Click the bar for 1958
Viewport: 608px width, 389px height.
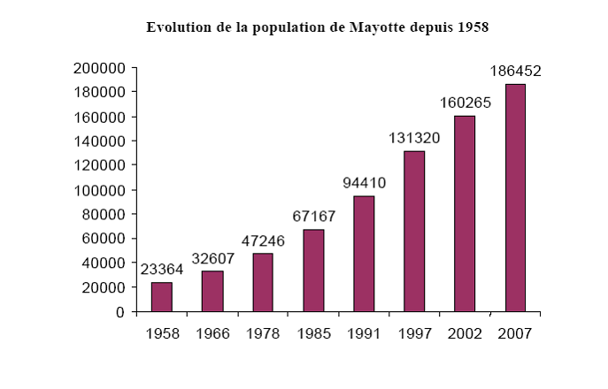pyautogui.click(x=161, y=297)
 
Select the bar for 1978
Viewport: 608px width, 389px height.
pyautogui.click(x=262, y=283)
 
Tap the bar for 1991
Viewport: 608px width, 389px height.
pyautogui.click(x=364, y=254)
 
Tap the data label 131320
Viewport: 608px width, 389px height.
pyautogui.click(x=414, y=139)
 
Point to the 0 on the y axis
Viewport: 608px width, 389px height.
pyautogui.click(x=120, y=312)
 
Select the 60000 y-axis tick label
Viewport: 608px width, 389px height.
pyautogui.click(x=105, y=239)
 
